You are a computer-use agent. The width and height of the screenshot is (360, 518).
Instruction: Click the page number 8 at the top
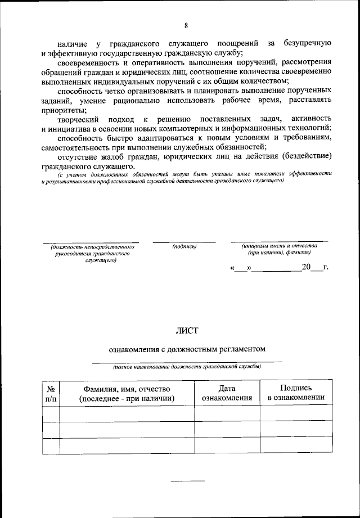click(x=185, y=25)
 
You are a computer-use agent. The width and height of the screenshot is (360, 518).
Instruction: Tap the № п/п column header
click(x=50, y=393)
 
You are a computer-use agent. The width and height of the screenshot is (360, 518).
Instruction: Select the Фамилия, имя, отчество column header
click(x=127, y=393)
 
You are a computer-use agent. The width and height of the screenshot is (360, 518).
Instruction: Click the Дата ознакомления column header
click(x=227, y=393)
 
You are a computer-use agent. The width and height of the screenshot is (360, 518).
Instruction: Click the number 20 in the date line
click(x=306, y=267)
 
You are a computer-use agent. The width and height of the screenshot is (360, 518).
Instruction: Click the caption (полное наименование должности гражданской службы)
click(x=187, y=367)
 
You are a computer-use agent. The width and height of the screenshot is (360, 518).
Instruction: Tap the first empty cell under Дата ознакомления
click(x=227, y=413)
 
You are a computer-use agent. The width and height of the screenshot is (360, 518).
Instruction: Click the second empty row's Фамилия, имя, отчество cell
click(x=127, y=430)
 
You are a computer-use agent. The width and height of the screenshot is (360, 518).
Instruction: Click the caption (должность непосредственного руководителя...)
click(x=92, y=253)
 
